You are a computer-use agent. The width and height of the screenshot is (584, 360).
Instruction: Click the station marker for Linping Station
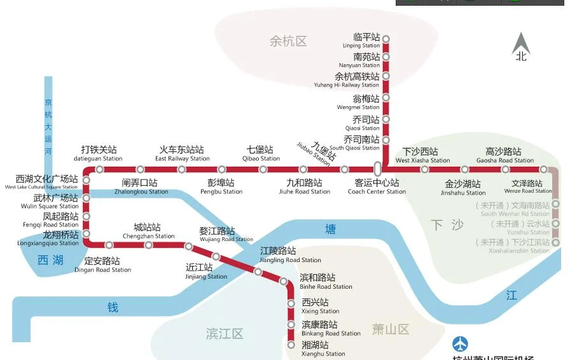(x=386, y=39)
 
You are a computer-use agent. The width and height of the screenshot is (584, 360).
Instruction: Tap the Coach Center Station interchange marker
(x=377, y=169)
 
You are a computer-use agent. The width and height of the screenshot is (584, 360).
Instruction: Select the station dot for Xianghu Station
(x=291, y=345)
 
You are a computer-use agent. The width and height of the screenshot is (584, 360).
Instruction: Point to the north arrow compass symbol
(x=522, y=45)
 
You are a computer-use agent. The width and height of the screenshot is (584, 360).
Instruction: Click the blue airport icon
(x=460, y=344)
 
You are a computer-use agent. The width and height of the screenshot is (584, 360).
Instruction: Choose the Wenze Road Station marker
(x=544, y=169)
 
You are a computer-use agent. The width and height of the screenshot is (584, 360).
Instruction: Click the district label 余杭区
(x=288, y=41)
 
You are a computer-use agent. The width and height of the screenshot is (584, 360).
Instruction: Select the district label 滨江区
(x=225, y=334)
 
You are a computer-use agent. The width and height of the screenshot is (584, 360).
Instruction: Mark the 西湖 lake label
(x=50, y=260)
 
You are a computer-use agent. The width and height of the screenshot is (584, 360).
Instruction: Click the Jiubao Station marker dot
(x=345, y=169)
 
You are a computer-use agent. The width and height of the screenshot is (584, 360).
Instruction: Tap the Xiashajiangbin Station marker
(x=556, y=242)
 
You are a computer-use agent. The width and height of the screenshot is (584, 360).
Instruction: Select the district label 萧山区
(x=391, y=329)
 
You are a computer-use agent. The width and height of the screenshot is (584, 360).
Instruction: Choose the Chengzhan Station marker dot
(x=148, y=245)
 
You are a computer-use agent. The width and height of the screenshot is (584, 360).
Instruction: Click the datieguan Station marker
(x=99, y=169)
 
